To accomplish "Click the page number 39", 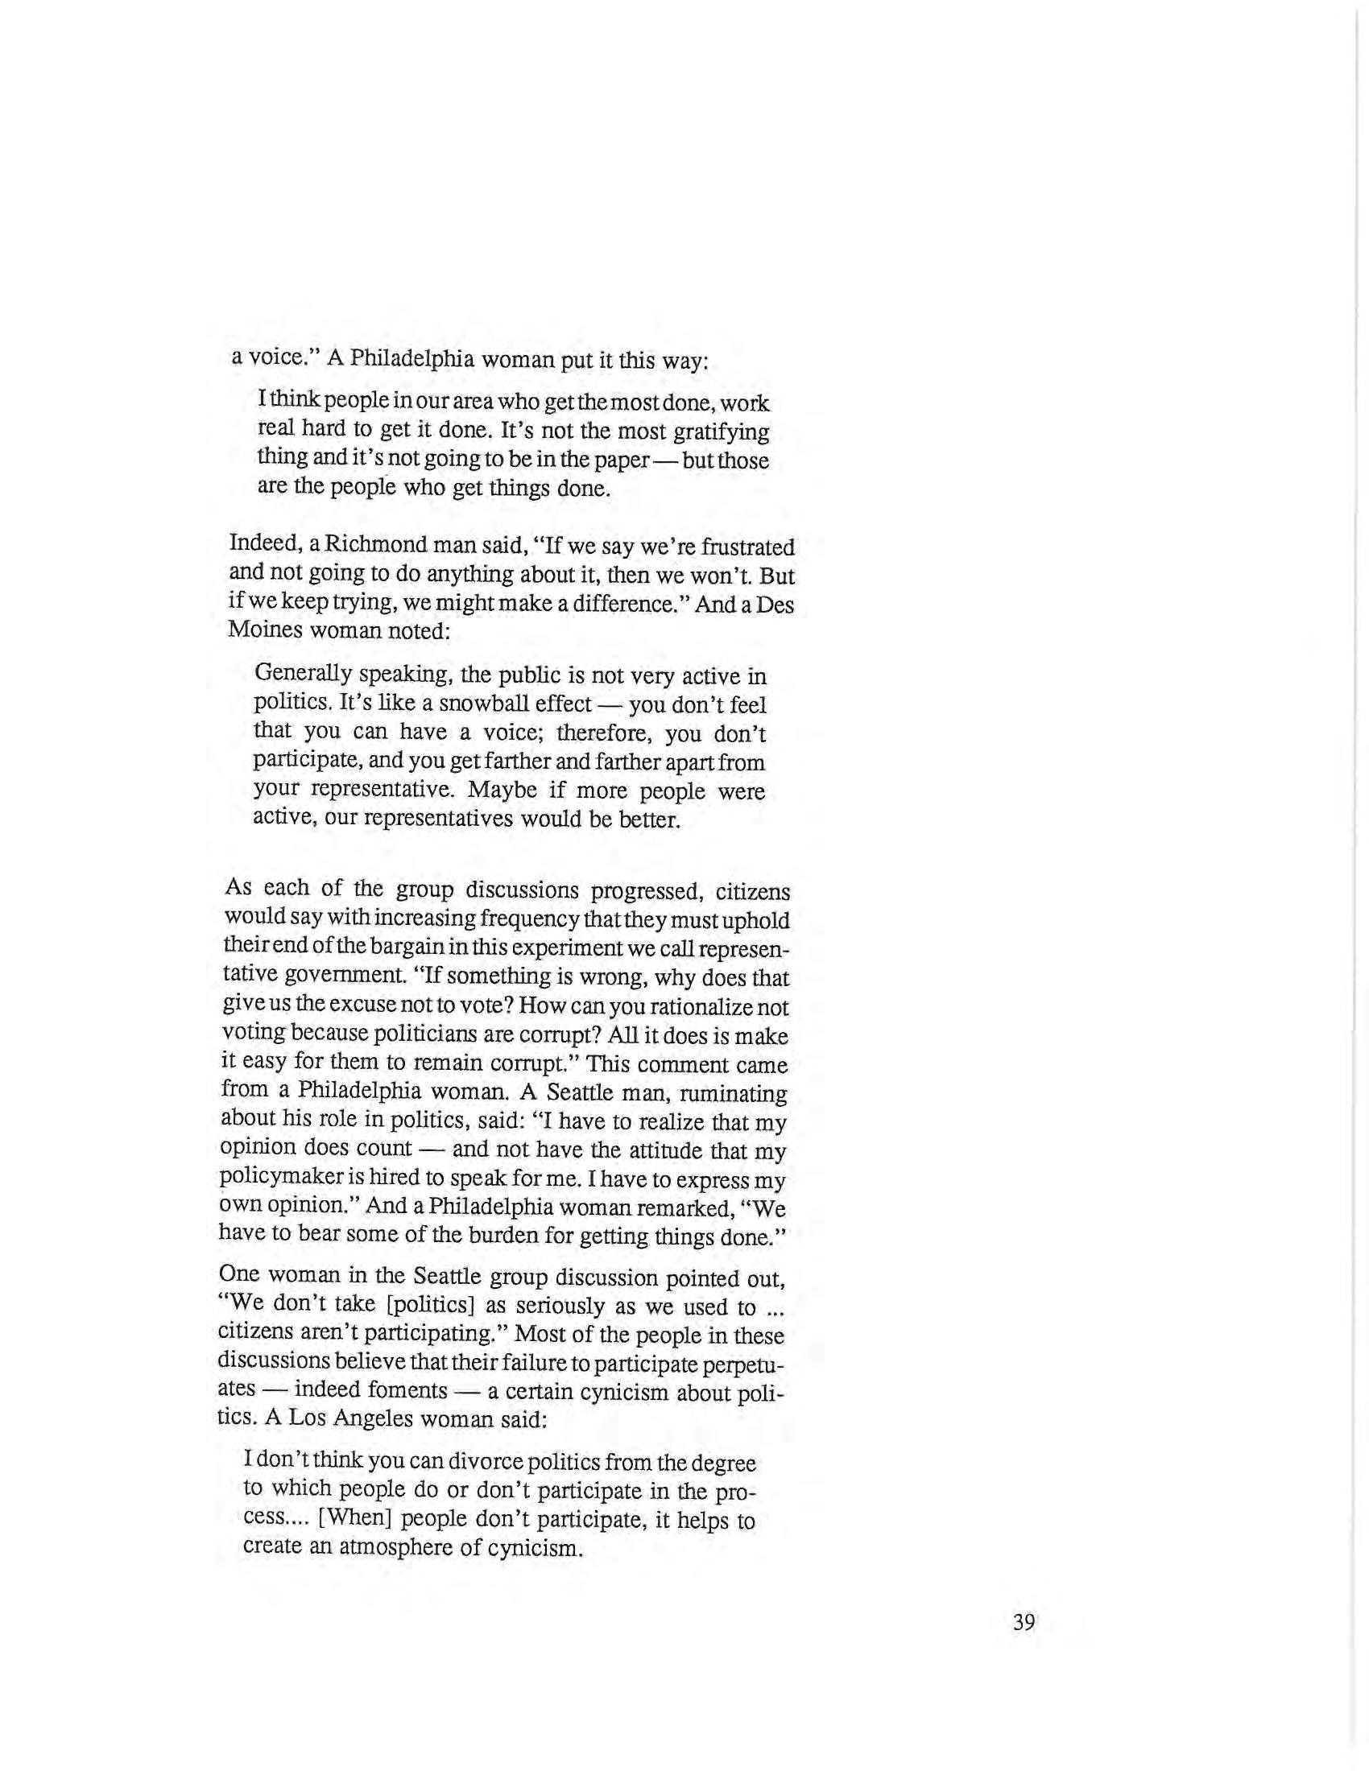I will [x=1024, y=1623].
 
